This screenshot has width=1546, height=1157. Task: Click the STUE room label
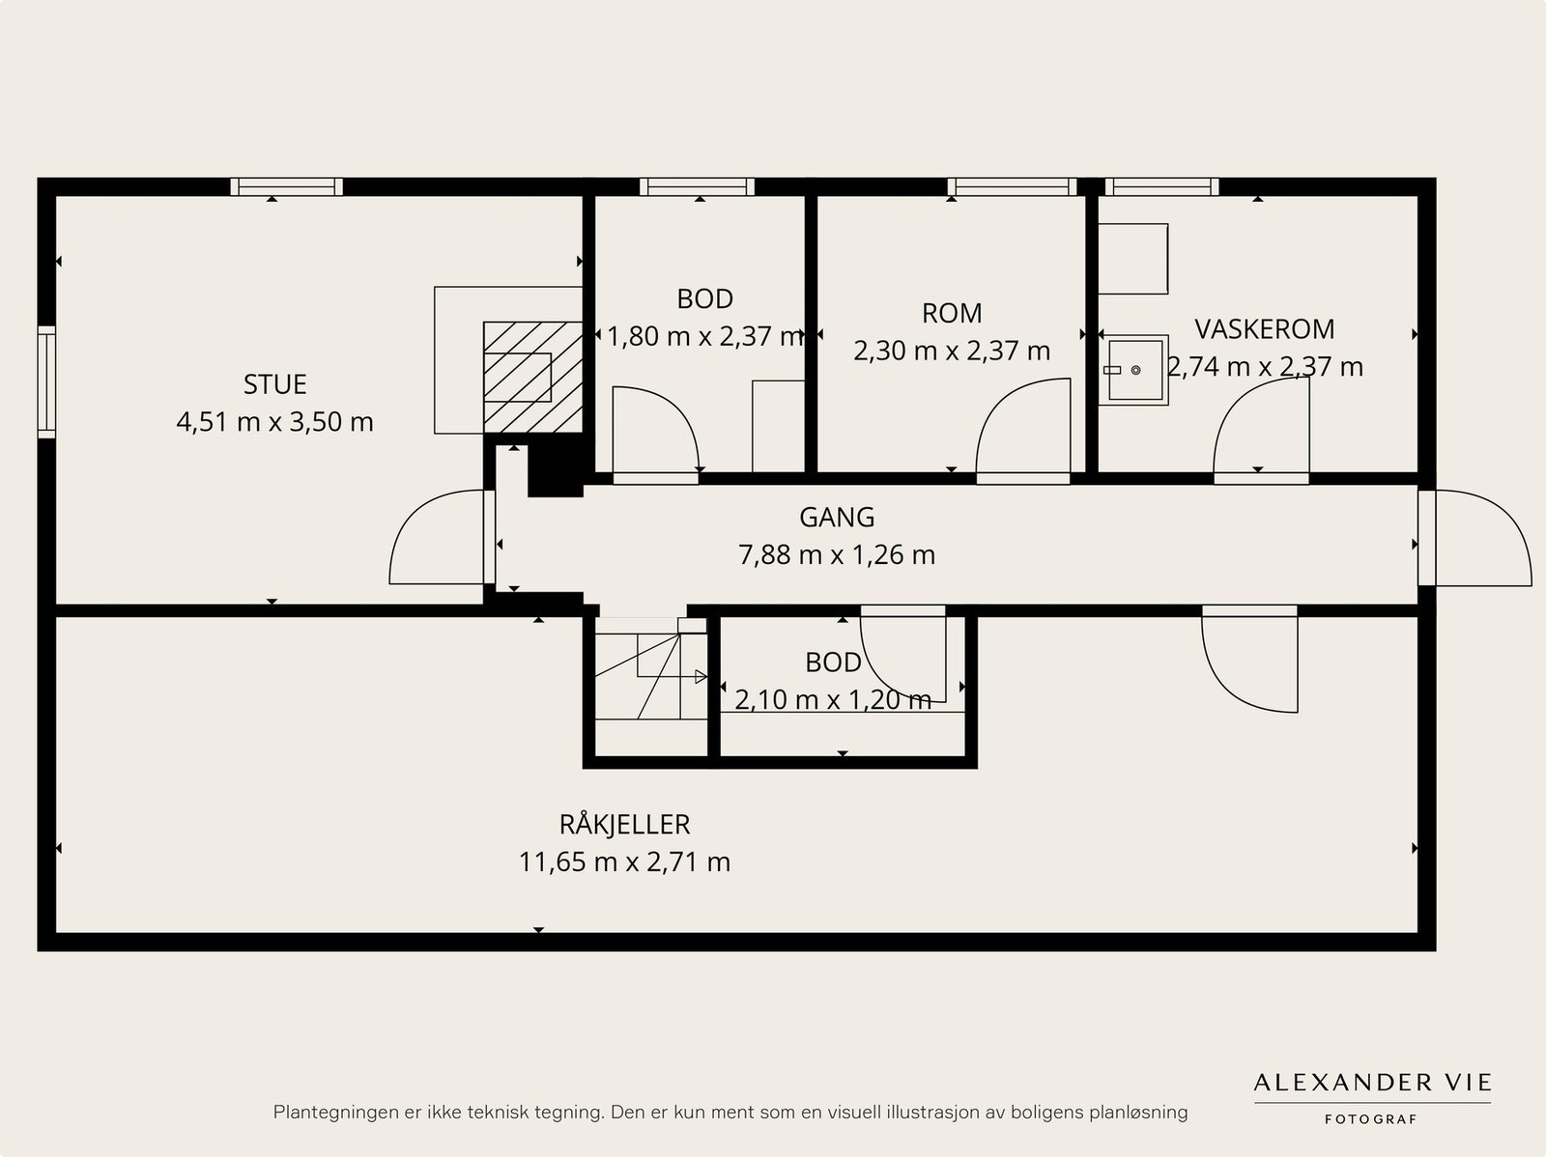point(274,384)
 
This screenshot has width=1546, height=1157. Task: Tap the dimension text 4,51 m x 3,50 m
point(274,421)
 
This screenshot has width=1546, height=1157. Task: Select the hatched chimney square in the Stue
point(532,378)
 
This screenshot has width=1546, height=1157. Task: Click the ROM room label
point(952,313)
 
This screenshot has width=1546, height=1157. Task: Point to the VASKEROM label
point(1264,329)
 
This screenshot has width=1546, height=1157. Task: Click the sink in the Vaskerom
point(1134,370)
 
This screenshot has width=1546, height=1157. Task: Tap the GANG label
point(837,518)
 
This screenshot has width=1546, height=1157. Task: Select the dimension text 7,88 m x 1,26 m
point(837,554)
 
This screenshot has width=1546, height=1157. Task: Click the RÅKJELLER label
point(625,824)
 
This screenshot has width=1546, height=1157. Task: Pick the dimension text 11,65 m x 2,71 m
point(625,861)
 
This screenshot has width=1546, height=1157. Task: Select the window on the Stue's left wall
point(46,382)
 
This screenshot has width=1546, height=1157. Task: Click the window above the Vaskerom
point(1161,186)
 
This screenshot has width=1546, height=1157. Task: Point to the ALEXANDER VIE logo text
point(1372,1083)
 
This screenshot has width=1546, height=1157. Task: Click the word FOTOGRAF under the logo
point(1370,1119)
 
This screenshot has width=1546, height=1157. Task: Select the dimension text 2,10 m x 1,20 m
point(833,699)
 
